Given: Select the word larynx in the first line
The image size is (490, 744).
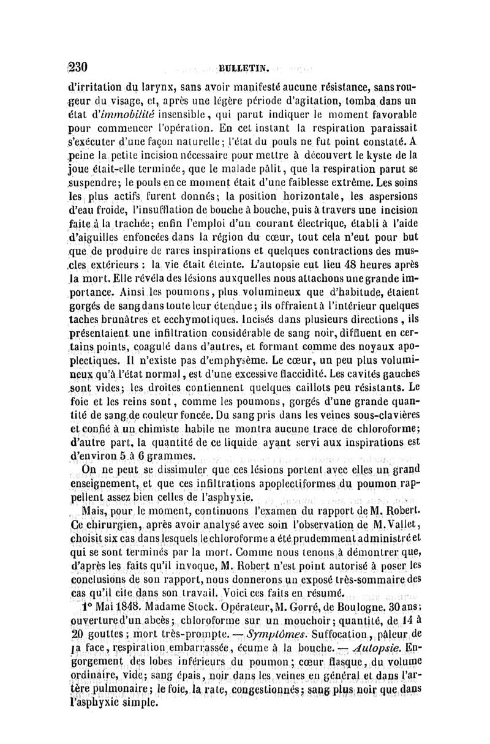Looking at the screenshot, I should [x=145, y=84].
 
